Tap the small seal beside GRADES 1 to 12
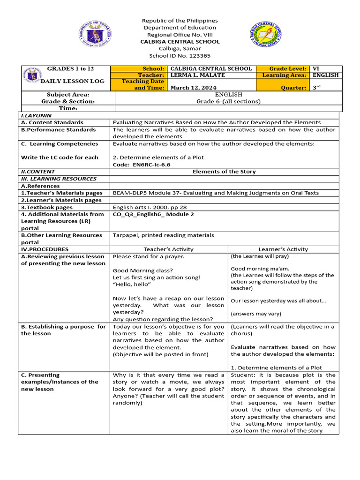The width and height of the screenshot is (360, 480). click(32, 75)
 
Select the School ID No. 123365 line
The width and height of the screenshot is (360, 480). click(180, 56)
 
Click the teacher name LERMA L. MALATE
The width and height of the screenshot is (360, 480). click(197, 75)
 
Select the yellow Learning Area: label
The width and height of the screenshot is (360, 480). click(285, 75)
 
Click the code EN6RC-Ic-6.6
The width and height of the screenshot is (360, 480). click(142, 165)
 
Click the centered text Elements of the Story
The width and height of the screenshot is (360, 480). click(224, 172)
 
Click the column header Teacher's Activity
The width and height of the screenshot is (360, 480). click(168, 249)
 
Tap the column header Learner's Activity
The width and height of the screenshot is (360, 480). click(283, 249)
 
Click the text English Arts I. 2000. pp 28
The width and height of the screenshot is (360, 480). click(150, 207)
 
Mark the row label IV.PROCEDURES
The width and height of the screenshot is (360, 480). click(45, 249)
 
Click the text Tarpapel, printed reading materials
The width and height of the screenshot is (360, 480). click(163, 235)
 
